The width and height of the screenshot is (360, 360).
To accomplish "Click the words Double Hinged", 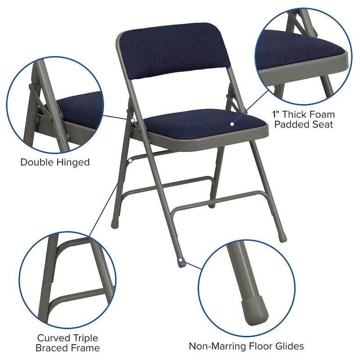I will [55, 162].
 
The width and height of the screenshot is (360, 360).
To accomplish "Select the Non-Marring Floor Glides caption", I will [246, 346].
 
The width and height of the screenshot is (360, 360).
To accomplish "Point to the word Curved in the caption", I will [53, 337].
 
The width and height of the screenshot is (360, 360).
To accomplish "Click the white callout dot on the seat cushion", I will [232, 123].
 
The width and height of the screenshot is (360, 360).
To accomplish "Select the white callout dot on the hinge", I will [133, 120].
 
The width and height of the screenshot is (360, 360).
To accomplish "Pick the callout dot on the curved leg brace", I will [130, 159].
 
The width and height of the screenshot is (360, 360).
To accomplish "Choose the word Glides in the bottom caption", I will [288, 346].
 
